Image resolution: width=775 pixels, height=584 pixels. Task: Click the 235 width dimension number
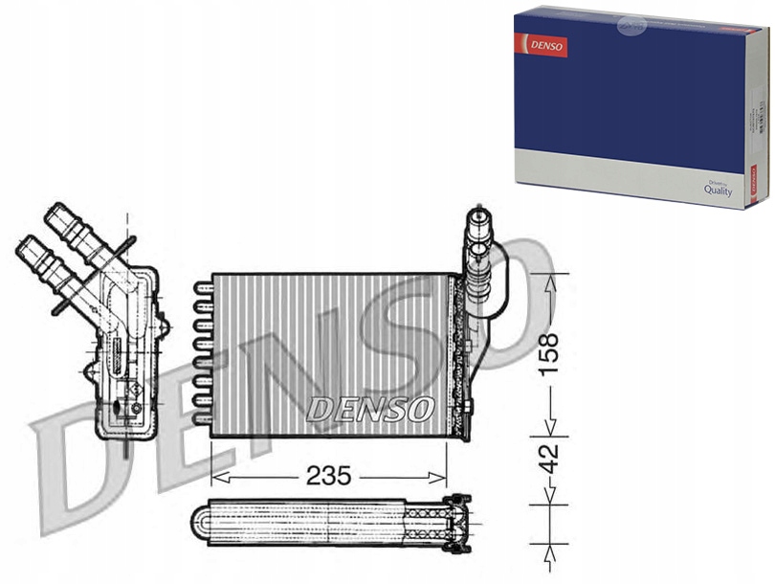click(329, 475)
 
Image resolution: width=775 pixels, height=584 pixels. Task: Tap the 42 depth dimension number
click(548, 459)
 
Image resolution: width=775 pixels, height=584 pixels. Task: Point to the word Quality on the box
click(717, 191)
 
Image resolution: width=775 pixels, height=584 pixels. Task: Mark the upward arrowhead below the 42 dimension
click(548, 553)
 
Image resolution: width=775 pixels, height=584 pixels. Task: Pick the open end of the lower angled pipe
click(27, 246)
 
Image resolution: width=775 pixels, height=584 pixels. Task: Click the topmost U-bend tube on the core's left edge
click(200, 285)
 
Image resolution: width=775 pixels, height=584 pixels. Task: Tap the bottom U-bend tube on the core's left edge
click(200, 418)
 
